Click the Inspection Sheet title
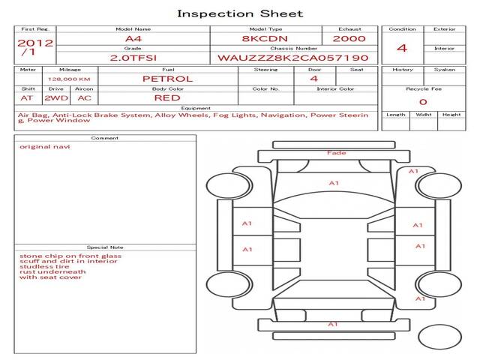coord(240,13)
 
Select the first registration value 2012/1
coord(35,47)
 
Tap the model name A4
coord(133,39)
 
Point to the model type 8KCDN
coord(265,39)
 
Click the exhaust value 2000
coord(349,39)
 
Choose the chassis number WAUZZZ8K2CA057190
coord(293,58)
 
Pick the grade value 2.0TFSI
coord(133,58)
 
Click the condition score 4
coord(402,48)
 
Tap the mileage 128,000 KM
coord(69,79)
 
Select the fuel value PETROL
coord(168,79)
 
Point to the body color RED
coord(167,98)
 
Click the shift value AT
coord(27,98)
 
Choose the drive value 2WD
coord(56,98)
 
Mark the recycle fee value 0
coord(423,102)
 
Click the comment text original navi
coord(45,147)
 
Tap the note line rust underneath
coord(52,271)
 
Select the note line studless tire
coord(44,266)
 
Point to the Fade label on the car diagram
coord(337,153)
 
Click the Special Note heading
coord(105,247)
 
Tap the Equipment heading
coord(196,108)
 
